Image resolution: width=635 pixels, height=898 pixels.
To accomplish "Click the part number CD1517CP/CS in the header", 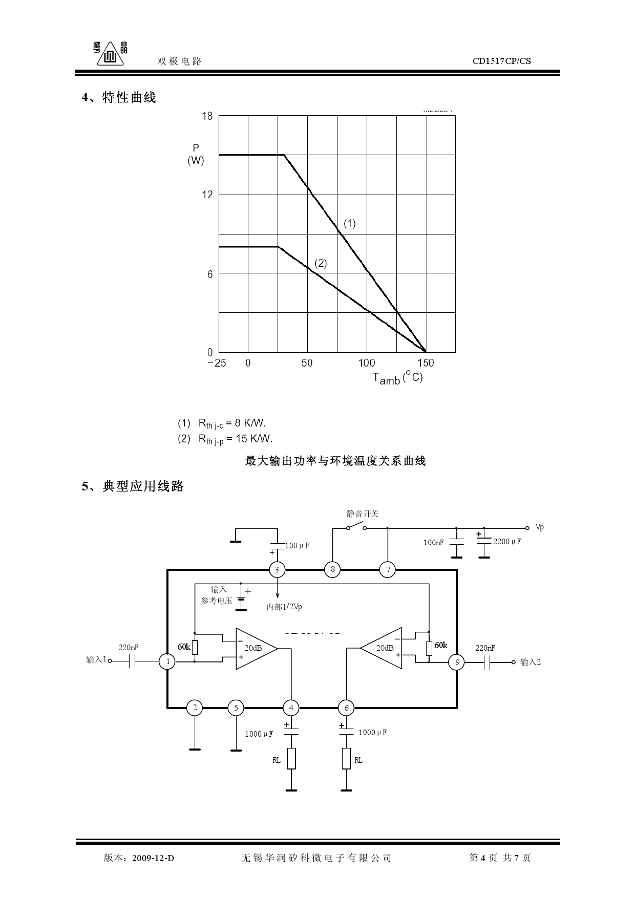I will click(501, 61).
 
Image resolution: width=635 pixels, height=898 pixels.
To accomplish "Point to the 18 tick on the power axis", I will click(207, 116).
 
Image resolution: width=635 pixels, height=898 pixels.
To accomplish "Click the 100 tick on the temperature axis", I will click(366, 363).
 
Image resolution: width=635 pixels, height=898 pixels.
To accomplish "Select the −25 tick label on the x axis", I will click(217, 363).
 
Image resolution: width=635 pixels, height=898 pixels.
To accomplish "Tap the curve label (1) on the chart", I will click(349, 223).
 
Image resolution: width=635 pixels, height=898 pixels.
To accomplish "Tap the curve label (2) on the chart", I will click(321, 263).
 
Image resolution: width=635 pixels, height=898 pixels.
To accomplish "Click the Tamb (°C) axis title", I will click(397, 378).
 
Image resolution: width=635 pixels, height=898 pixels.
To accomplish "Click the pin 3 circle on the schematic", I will click(277, 569).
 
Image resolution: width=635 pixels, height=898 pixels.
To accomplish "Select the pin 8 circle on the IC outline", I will click(332, 569).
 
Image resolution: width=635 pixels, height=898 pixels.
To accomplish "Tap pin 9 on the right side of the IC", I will click(456, 662).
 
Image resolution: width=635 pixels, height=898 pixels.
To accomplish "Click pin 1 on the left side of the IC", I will click(167, 661).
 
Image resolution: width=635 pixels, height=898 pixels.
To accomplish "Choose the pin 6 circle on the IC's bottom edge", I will click(346, 708).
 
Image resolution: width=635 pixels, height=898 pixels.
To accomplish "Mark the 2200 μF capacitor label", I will click(506, 541).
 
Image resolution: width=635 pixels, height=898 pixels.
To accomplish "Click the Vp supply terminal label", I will click(539, 527).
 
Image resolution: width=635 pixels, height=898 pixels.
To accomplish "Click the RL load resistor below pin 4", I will click(291, 759).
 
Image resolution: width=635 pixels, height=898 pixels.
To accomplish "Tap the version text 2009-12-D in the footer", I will click(153, 858).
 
